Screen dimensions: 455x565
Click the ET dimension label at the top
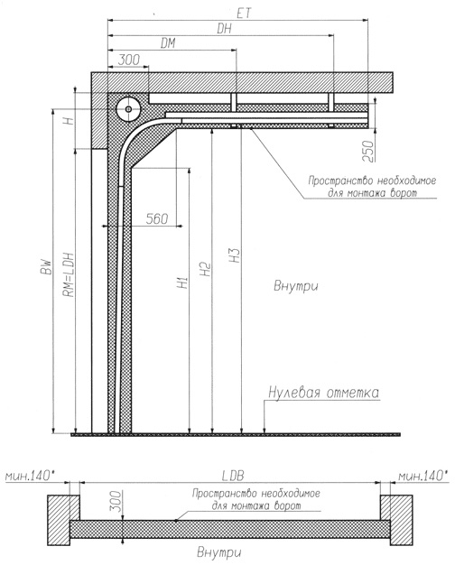pos(244,14)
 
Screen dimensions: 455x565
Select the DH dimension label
pos(224,29)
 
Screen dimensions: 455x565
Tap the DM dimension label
pos(168,43)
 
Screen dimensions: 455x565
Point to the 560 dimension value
pos(157,218)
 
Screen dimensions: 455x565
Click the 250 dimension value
pos(369,151)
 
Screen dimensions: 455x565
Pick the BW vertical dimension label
pos(47,267)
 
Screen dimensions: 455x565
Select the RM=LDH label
pos(69,274)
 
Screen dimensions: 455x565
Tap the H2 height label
pos(205,269)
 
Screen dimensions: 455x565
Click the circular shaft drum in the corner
pos(128,108)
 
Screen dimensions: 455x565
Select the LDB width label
pos(233,476)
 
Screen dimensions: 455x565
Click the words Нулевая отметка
pos(323,393)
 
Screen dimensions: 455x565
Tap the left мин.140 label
pos(32,476)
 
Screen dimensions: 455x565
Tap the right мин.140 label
pos(422,476)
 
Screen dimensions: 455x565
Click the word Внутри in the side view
pos(296,286)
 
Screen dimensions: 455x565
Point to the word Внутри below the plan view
pos(218,552)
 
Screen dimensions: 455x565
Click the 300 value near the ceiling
pos(129,60)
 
